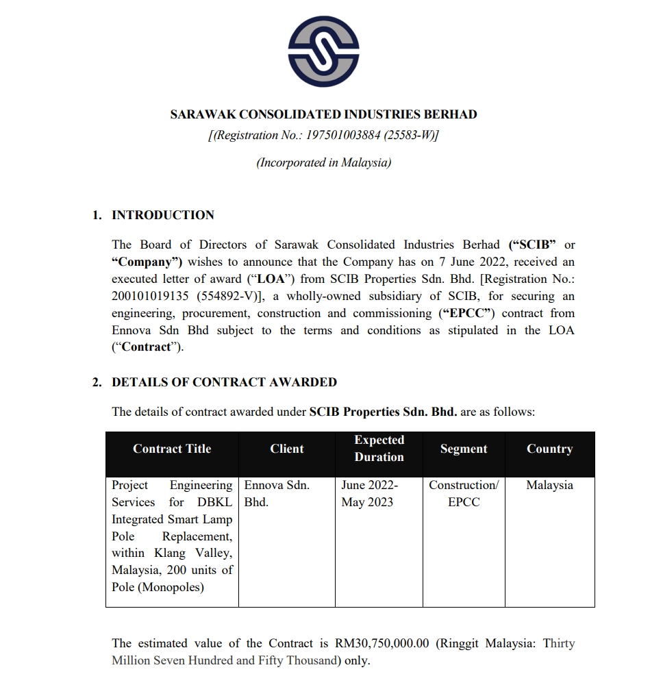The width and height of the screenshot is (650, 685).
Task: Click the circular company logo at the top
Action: click(324, 52)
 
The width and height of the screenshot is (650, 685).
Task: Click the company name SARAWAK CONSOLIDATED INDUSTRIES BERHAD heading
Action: click(323, 114)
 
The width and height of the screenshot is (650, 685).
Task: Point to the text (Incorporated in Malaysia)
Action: click(324, 162)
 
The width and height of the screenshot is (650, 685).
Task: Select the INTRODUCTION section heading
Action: click(163, 215)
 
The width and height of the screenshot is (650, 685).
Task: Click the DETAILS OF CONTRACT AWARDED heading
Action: click(224, 382)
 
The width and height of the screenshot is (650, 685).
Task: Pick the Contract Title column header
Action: click(172, 449)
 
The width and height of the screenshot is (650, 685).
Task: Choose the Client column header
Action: click(286, 449)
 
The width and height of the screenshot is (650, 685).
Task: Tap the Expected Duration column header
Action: click(379, 449)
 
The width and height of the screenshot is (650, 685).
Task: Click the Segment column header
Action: click(464, 449)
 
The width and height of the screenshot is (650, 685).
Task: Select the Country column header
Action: click(549, 449)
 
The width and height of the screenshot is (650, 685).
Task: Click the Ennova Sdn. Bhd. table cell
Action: click(277, 493)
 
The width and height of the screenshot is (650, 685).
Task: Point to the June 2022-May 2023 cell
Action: click(369, 493)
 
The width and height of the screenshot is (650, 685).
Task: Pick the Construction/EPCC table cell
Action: click(464, 493)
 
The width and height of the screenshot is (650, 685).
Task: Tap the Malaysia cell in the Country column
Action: click(549, 485)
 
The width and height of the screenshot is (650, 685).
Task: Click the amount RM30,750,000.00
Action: click(382, 643)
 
